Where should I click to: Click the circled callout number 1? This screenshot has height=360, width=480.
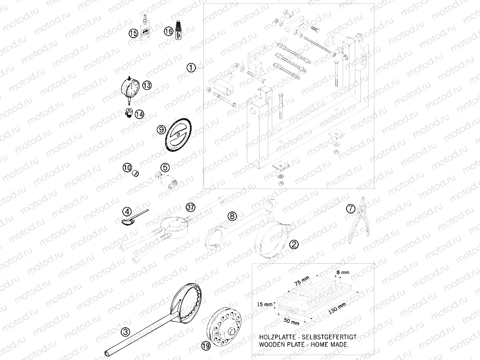[x=191, y=67]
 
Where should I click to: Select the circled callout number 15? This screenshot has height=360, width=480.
[x=133, y=33]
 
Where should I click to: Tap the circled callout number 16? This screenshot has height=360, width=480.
[x=168, y=31]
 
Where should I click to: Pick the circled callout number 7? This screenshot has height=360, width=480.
[x=350, y=209]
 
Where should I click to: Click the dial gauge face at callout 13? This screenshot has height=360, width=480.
[x=129, y=88]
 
